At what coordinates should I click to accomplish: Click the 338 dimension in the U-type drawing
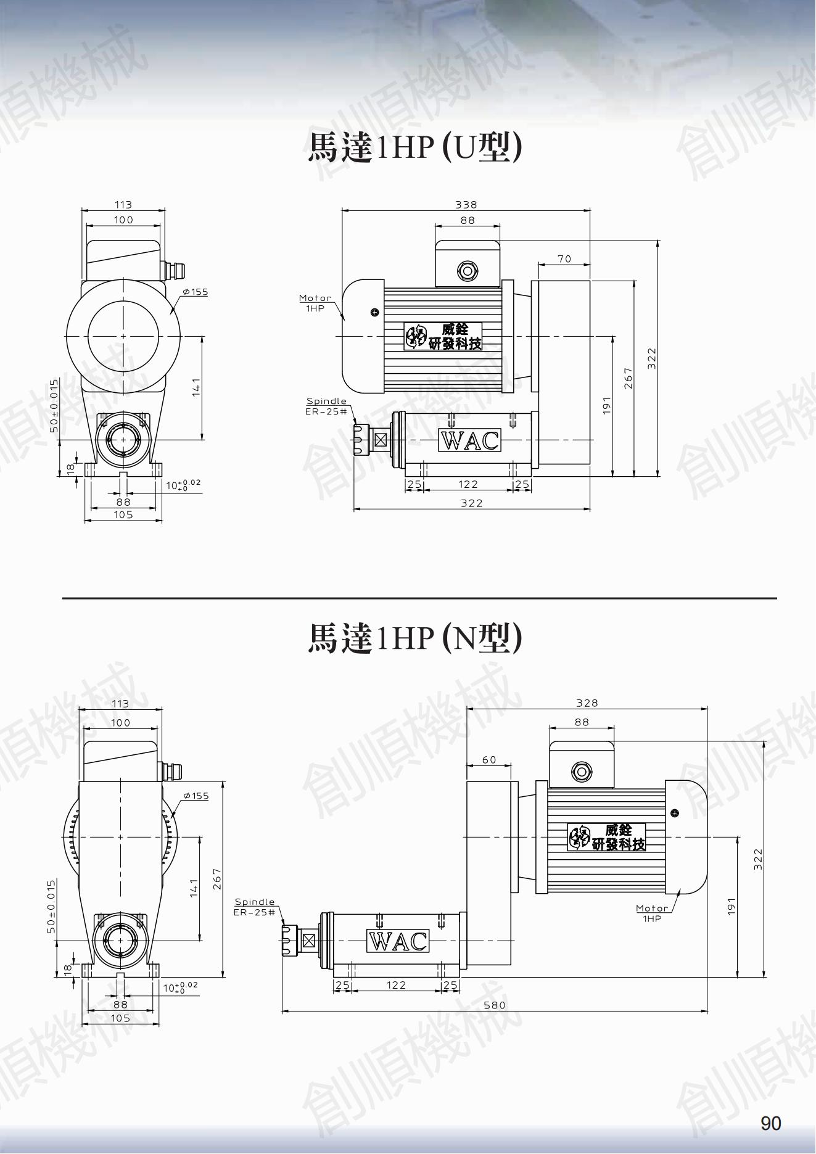466,204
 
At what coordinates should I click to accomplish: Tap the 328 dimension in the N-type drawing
587,703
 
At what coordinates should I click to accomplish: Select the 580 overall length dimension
494,1005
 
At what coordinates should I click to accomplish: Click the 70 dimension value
564,259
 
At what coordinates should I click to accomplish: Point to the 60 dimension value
489,760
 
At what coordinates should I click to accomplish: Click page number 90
771,1123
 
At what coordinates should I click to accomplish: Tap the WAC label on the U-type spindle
469,440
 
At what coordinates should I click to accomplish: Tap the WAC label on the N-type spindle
398,941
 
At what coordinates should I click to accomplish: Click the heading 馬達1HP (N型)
415,638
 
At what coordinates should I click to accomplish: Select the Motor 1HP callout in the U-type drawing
315,302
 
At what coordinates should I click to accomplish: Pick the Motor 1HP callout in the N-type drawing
652,913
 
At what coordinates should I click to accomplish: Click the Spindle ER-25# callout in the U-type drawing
326,406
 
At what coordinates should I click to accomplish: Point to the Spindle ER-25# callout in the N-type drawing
255,907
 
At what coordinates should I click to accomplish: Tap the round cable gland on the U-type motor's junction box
467,270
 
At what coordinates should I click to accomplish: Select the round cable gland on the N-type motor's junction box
581,771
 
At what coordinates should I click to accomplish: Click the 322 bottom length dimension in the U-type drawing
471,503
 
